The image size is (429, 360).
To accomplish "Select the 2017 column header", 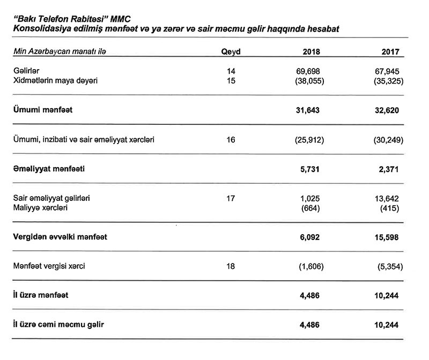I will (x=391, y=52).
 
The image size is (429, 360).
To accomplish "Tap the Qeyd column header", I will (x=231, y=52).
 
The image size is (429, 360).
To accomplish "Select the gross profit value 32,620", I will (x=389, y=110).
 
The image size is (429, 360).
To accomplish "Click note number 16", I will (x=231, y=139).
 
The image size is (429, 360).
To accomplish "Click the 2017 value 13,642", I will (x=389, y=198).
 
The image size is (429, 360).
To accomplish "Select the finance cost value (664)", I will (x=311, y=207).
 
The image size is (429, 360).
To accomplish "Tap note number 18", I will (x=231, y=266).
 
